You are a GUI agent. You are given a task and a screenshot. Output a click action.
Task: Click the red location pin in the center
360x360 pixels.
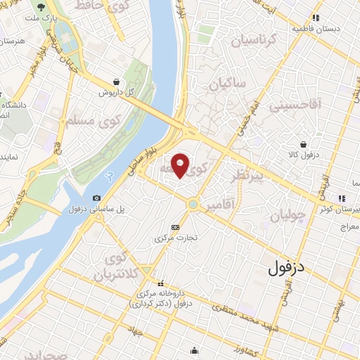tap(181, 165)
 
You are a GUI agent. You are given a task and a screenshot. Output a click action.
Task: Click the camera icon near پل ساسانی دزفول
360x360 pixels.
tap(96, 198)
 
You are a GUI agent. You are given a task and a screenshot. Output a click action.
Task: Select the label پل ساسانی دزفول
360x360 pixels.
tap(91, 210)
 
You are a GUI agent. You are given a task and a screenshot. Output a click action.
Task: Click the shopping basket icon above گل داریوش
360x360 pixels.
tap(115, 82)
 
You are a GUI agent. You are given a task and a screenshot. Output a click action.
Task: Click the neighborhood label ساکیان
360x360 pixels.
tap(226, 84)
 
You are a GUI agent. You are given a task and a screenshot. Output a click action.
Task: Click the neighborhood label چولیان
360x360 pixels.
tap(288, 215)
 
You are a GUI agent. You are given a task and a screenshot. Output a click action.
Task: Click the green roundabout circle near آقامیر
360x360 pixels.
tap(193, 205)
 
